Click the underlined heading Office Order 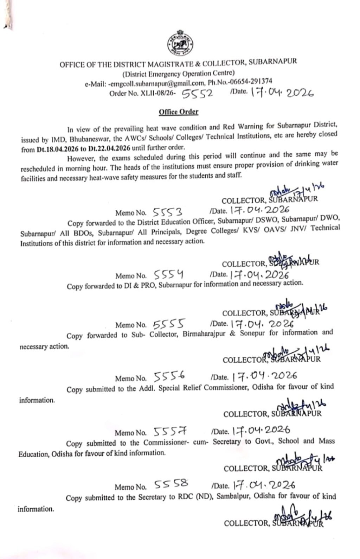pyautogui.click(x=179, y=112)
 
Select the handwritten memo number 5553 pyautogui.click(x=168, y=212)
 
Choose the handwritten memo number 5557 pyautogui.click(x=171, y=432)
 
